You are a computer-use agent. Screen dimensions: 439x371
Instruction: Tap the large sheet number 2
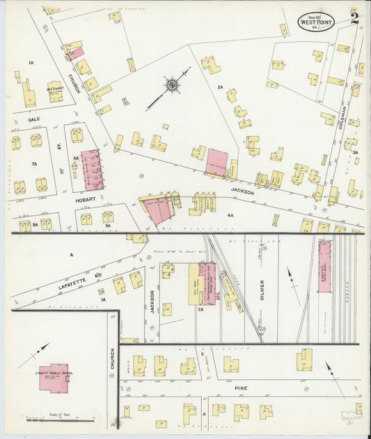click(x=355, y=19)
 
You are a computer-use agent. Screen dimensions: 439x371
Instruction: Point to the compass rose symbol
click(x=170, y=85)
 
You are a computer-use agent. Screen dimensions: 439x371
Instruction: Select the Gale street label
click(x=34, y=119)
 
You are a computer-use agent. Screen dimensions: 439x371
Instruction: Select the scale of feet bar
click(x=60, y=420)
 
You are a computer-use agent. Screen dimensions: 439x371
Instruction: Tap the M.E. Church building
click(x=54, y=91)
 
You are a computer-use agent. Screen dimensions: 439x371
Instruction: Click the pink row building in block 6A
click(x=92, y=170)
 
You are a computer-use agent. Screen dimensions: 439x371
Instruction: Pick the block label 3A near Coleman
click(x=355, y=152)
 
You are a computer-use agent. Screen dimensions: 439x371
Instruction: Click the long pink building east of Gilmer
click(x=324, y=266)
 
